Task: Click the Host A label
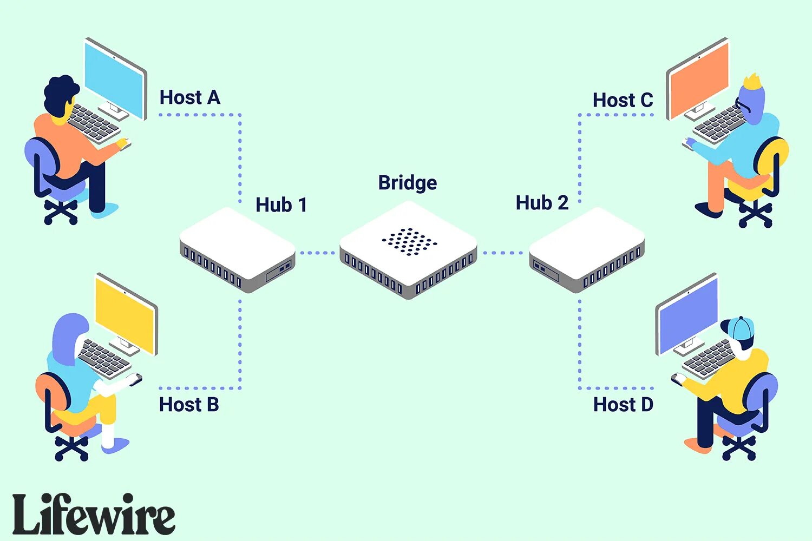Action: pos(190,97)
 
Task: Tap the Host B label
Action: pos(189,405)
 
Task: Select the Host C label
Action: pos(623,100)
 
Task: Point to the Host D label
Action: pos(623,405)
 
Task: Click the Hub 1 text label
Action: pos(281,205)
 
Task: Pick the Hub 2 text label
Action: pos(542,203)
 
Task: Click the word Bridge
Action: pos(408,183)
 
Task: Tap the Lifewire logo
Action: pos(94,514)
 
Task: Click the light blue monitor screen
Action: pos(115,78)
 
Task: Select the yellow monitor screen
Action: pos(126,314)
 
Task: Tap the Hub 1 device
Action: pos(237,249)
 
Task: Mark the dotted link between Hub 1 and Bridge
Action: pos(317,253)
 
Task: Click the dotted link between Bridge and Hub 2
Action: pos(502,253)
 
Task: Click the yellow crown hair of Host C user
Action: pos(752,82)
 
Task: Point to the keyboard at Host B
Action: pos(104,357)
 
